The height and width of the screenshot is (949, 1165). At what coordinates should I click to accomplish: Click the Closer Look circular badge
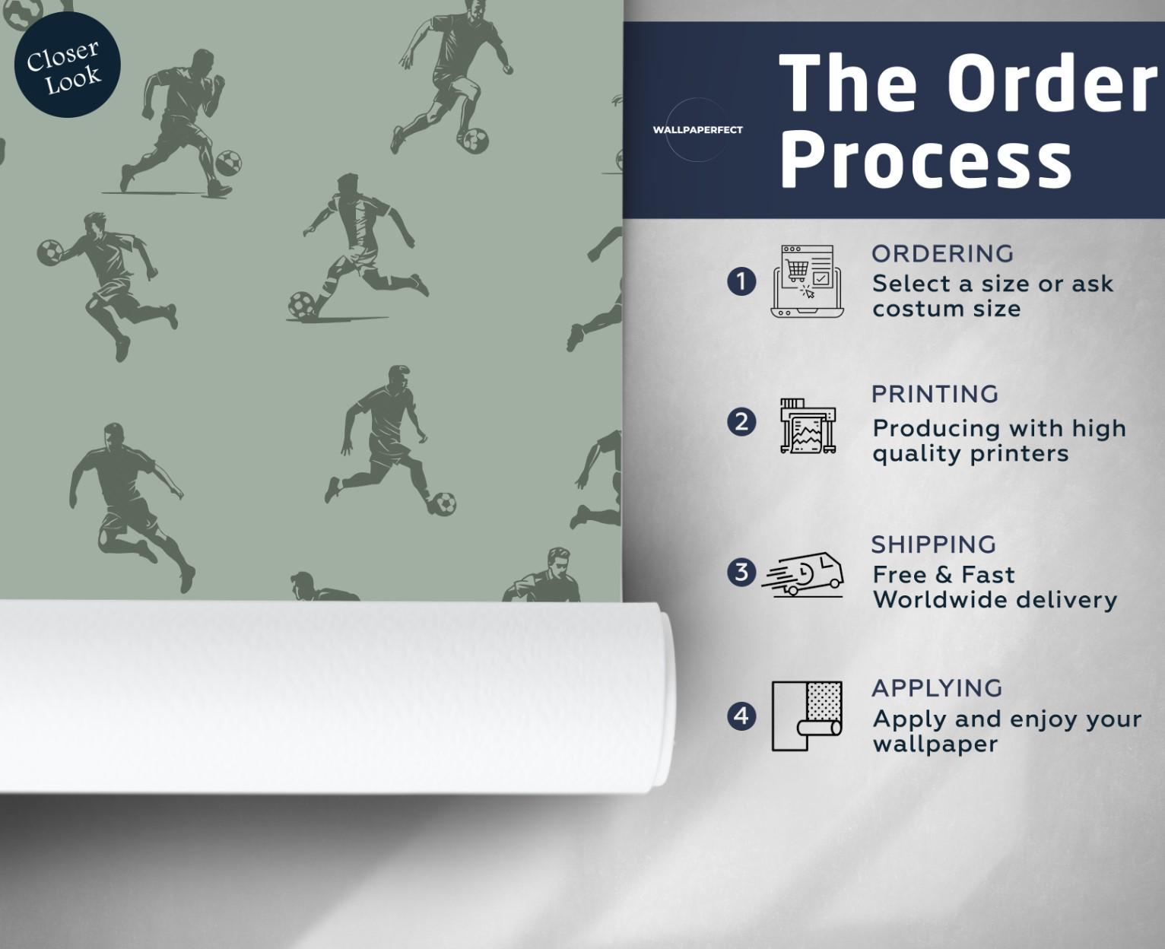(x=67, y=65)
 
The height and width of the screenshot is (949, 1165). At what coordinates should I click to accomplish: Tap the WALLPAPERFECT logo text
(x=697, y=129)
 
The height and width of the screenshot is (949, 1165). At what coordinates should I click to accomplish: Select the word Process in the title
(x=925, y=163)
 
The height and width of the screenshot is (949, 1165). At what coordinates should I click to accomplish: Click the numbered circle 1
(x=741, y=281)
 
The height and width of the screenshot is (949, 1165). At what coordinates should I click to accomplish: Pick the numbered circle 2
(x=741, y=422)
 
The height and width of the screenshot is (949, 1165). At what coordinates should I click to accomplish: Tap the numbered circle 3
(x=741, y=572)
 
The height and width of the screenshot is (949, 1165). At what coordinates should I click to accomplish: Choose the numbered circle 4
(x=741, y=716)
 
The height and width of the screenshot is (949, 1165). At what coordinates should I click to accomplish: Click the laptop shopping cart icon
(x=807, y=281)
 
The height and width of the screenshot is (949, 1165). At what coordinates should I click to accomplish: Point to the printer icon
(x=808, y=426)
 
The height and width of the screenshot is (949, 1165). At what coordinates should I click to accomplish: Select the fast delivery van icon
(x=802, y=574)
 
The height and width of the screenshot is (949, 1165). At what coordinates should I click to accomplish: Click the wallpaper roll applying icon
(x=807, y=716)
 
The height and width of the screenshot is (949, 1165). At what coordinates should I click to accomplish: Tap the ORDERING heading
(x=942, y=254)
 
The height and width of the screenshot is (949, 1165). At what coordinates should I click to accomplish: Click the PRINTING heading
(x=935, y=395)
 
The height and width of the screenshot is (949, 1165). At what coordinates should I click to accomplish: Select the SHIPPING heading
(x=934, y=544)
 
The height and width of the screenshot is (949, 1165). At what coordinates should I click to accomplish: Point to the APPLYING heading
(x=937, y=688)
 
